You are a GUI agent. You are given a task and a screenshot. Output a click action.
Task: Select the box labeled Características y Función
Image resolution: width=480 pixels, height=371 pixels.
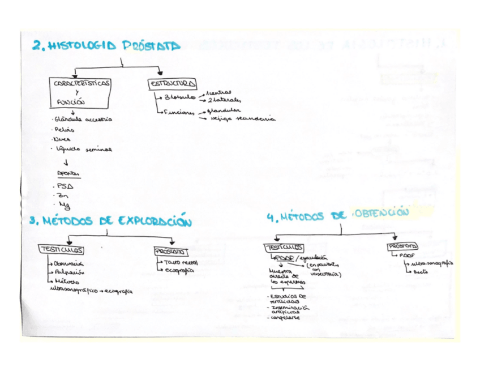point(82,92)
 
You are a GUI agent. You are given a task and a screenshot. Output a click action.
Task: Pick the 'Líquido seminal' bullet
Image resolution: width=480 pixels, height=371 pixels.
point(83,149)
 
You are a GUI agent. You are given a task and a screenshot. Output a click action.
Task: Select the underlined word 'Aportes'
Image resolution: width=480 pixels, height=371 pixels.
point(68,174)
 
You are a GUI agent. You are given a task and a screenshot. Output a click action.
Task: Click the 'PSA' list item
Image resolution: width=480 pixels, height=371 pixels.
point(66,186)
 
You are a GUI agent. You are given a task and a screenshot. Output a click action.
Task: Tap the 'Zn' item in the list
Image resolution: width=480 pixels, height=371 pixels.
point(63,196)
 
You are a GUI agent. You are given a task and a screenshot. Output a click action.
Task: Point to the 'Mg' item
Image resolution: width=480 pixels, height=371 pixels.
point(63,206)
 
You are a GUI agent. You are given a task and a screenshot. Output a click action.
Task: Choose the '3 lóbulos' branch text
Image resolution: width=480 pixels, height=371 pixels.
point(179,97)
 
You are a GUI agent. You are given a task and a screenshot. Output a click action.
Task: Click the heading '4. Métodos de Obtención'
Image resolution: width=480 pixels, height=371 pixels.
point(337,215)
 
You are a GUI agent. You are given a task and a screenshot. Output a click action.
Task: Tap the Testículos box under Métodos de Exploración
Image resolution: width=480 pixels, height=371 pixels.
point(62,250)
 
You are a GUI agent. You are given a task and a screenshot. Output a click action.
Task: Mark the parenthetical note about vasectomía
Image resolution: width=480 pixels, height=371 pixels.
point(324,270)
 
